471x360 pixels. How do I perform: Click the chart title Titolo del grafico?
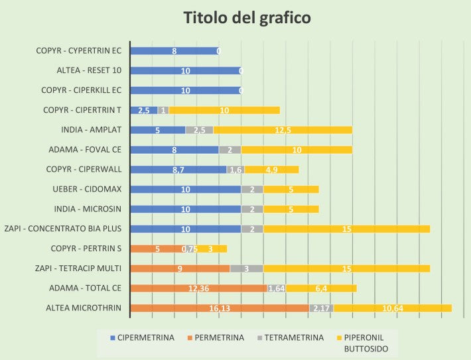tap(247, 19)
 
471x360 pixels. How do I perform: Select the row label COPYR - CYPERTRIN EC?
tap(80, 50)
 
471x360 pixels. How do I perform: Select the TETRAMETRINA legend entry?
tap(291, 337)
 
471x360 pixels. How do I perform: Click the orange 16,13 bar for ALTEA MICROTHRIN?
tap(220, 308)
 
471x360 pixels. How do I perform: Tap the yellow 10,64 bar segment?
tap(392, 308)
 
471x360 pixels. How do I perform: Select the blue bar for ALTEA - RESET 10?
tap(185, 70)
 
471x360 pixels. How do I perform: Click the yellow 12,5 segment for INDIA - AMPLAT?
tap(283, 130)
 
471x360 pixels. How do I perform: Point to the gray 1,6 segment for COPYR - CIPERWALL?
tap(235, 170)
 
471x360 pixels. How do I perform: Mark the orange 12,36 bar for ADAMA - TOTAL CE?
tap(198, 288)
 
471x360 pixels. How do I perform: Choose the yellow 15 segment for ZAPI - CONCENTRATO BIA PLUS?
tap(346, 229)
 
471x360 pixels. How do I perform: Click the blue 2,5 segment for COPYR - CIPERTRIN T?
tap(144, 110)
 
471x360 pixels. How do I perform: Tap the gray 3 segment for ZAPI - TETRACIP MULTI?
tap(247, 269)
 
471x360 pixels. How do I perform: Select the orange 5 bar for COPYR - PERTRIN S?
tap(157, 249)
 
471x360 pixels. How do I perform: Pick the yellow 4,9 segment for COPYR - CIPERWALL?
tap(271, 170)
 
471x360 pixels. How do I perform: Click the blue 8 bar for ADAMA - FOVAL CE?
tap(174, 150)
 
